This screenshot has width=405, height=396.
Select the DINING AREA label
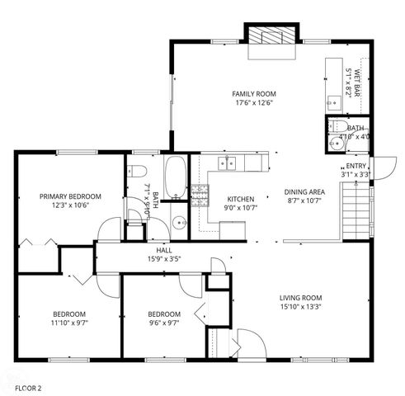pos(304,191)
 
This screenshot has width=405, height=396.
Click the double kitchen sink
pos(227,163)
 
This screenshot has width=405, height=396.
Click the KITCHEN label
pos(241,199)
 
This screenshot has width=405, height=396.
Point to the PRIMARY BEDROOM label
pos(71,196)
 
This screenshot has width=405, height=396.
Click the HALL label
pos(164,249)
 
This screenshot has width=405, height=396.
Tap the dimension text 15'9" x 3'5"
pos(164,258)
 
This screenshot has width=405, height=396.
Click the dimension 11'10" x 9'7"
pos(69,323)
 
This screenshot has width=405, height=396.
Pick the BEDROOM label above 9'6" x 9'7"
pos(163,313)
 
